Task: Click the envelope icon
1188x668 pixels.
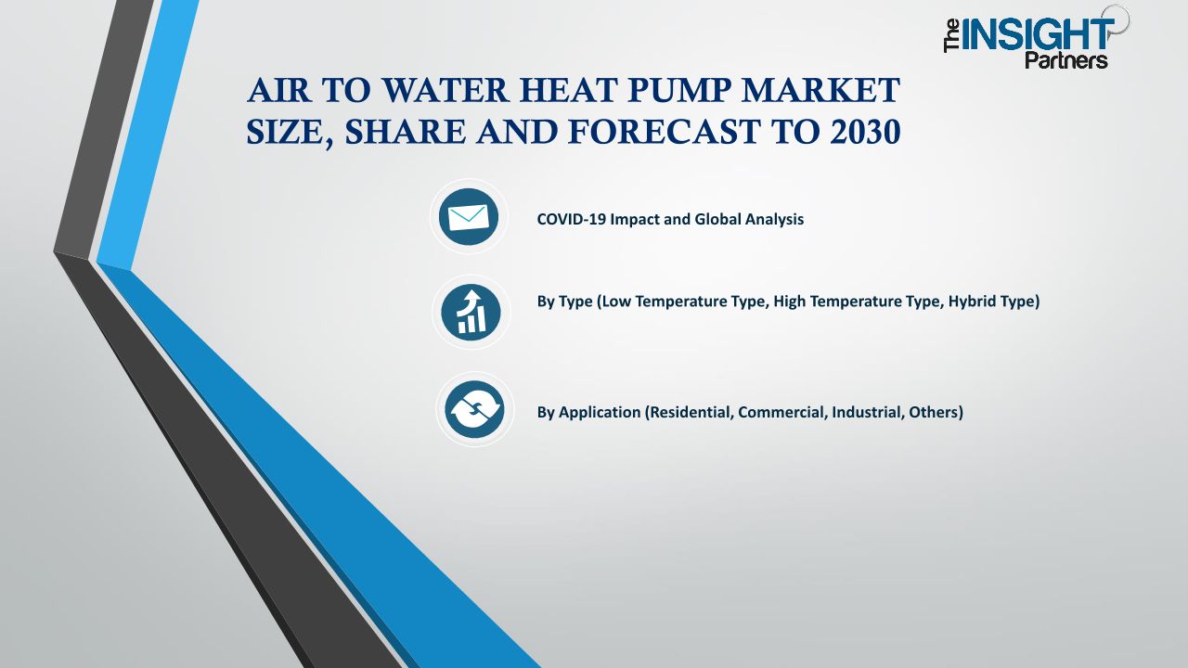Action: pyautogui.click(x=469, y=217)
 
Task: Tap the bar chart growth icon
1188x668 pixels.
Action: pyautogui.click(x=471, y=313)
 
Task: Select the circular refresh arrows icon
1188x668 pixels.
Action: pyautogui.click(x=474, y=409)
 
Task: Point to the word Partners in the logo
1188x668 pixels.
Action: pyautogui.click(x=1066, y=59)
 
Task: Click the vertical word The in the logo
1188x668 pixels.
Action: pyautogui.click(x=951, y=36)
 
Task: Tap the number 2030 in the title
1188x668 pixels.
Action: pyautogui.click(x=866, y=132)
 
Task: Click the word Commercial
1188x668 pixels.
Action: pyautogui.click(x=782, y=412)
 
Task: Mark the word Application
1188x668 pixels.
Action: pyautogui.click(x=600, y=413)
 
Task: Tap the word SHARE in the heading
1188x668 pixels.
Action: pyautogui.click(x=406, y=132)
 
